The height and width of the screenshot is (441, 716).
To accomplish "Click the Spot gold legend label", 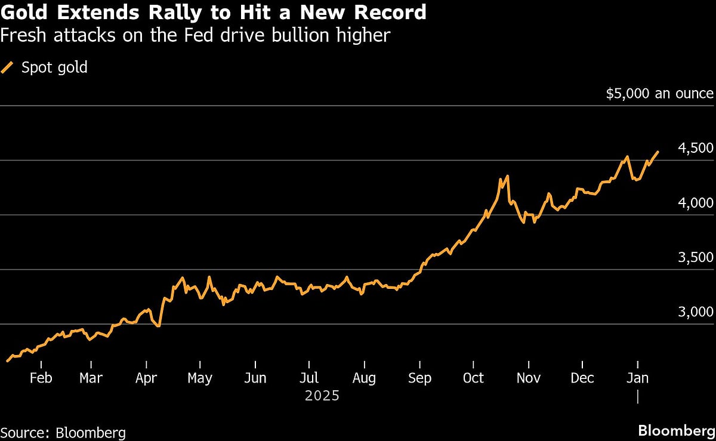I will click(x=54, y=67).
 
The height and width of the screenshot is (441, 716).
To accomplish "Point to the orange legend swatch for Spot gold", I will click(x=8, y=67).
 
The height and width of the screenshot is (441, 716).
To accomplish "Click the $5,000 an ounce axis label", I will click(x=659, y=93).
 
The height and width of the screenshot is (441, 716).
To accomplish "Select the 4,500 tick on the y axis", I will click(x=696, y=148).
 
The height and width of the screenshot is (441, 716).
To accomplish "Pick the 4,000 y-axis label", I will click(x=696, y=203).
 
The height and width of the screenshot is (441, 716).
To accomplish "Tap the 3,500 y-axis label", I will click(x=696, y=258).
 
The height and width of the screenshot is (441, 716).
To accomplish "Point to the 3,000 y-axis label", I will click(x=696, y=312).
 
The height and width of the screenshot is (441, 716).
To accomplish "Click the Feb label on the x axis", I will click(x=41, y=378).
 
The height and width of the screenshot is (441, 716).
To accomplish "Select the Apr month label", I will click(x=146, y=378).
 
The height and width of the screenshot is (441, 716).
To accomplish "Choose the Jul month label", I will click(x=309, y=378).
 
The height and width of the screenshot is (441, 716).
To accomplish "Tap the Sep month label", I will click(x=419, y=378).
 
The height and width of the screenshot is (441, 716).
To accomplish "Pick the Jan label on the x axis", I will click(x=638, y=378).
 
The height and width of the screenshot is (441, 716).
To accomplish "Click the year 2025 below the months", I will click(x=322, y=396).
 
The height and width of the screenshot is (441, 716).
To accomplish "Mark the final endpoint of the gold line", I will click(x=658, y=152).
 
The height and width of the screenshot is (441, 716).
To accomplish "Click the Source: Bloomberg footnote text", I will click(x=63, y=432).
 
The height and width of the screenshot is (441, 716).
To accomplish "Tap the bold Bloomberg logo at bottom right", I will click(x=676, y=430).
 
